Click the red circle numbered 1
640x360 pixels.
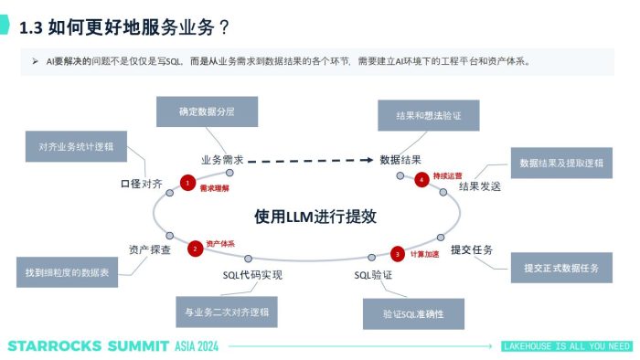187,183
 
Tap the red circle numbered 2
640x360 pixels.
194,248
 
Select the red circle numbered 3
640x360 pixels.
397,253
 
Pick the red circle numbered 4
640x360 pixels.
421,179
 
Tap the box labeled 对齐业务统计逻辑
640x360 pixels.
76,146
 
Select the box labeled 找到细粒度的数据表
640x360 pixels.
68,271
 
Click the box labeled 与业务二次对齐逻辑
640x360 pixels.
227,312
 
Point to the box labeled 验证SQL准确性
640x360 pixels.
414,313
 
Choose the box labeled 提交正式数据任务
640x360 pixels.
561,268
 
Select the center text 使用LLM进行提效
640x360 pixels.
315,217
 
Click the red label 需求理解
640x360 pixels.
214,186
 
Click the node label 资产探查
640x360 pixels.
150,249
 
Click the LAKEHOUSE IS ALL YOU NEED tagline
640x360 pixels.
567,346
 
